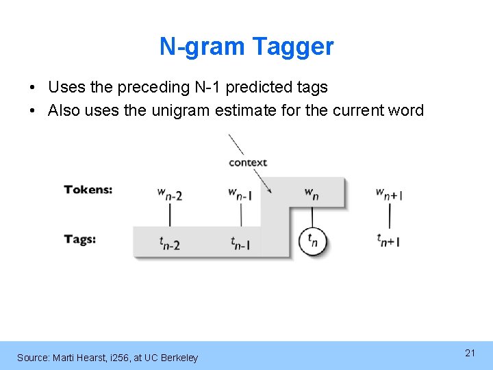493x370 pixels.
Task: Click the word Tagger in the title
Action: coord(293,47)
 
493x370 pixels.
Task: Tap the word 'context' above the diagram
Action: coord(248,162)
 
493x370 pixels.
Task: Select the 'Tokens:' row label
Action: coord(88,190)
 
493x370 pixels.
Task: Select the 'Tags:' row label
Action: coord(80,239)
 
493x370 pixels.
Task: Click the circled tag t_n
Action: coord(313,241)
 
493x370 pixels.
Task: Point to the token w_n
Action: coord(312,194)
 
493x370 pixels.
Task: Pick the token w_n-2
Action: coord(169,194)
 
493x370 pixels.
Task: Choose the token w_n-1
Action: coord(240,194)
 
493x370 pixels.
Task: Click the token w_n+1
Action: coord(389,194)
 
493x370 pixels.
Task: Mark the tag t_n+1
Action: coord(388,241)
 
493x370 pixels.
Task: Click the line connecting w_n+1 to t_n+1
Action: coord(389,217)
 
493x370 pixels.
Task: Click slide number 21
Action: coord(470,353)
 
